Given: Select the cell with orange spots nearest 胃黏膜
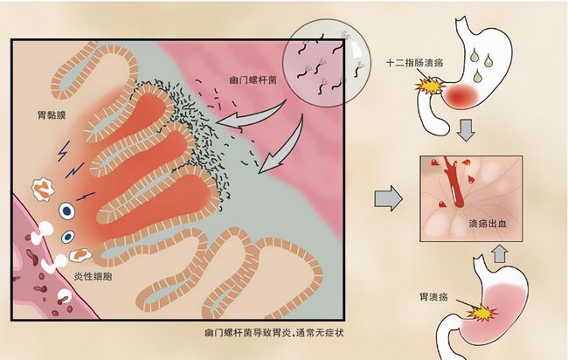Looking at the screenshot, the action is (x=41, y=185).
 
